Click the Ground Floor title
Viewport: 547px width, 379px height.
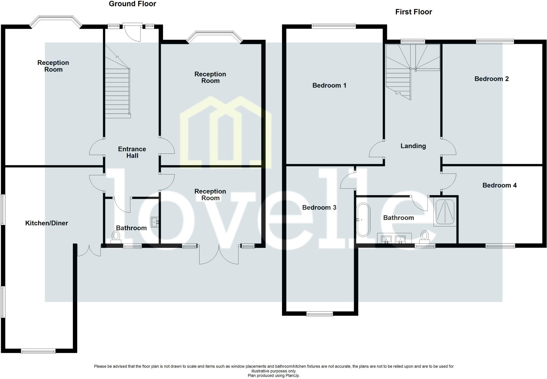pyautogui.click(x=132, y=4)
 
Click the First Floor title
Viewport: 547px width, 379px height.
pyautogui.click(x=413, y=12)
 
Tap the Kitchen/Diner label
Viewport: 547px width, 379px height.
pyautogui.click(x=46, y=223)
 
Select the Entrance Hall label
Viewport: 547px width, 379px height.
pyautogui.click(x=132, y=152)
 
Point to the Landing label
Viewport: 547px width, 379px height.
pyautogui.click(x=413, y=146)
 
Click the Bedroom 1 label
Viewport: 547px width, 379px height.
pyautogui.click(x=329, y=85)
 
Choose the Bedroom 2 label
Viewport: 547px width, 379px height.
pyautogui.click(x=491, y=79)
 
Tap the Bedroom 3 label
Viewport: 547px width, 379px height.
pyautogui.click(x=319, y=207)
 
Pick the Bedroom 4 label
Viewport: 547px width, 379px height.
pyautogui.click(x=499, y=185)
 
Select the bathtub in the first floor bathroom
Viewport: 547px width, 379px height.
pyautogui.click(x=363, y=220)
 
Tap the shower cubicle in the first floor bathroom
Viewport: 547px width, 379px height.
pyautogui.click(x=445, y=212)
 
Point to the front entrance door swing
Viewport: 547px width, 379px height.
pyautogui.click(x=134, y=33)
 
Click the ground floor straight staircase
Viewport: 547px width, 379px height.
pyautogui.click(x=117, y=92)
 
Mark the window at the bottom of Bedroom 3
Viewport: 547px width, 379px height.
pyautogui.click(x=319, y=314)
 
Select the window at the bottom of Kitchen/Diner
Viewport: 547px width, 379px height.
pyautogui.click(x=38, y=351)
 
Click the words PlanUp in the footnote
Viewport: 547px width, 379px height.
pyautogui.click(x=293, y=376)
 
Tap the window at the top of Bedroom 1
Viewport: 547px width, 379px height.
pyautogui.click(x=334, y=26)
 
